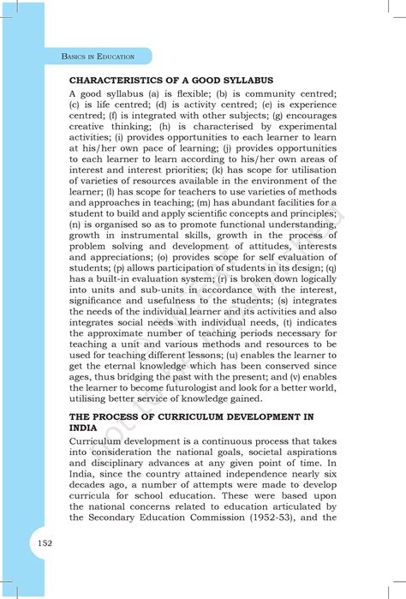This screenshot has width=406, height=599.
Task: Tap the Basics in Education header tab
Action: pyautogui.click(x=99, y=57)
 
